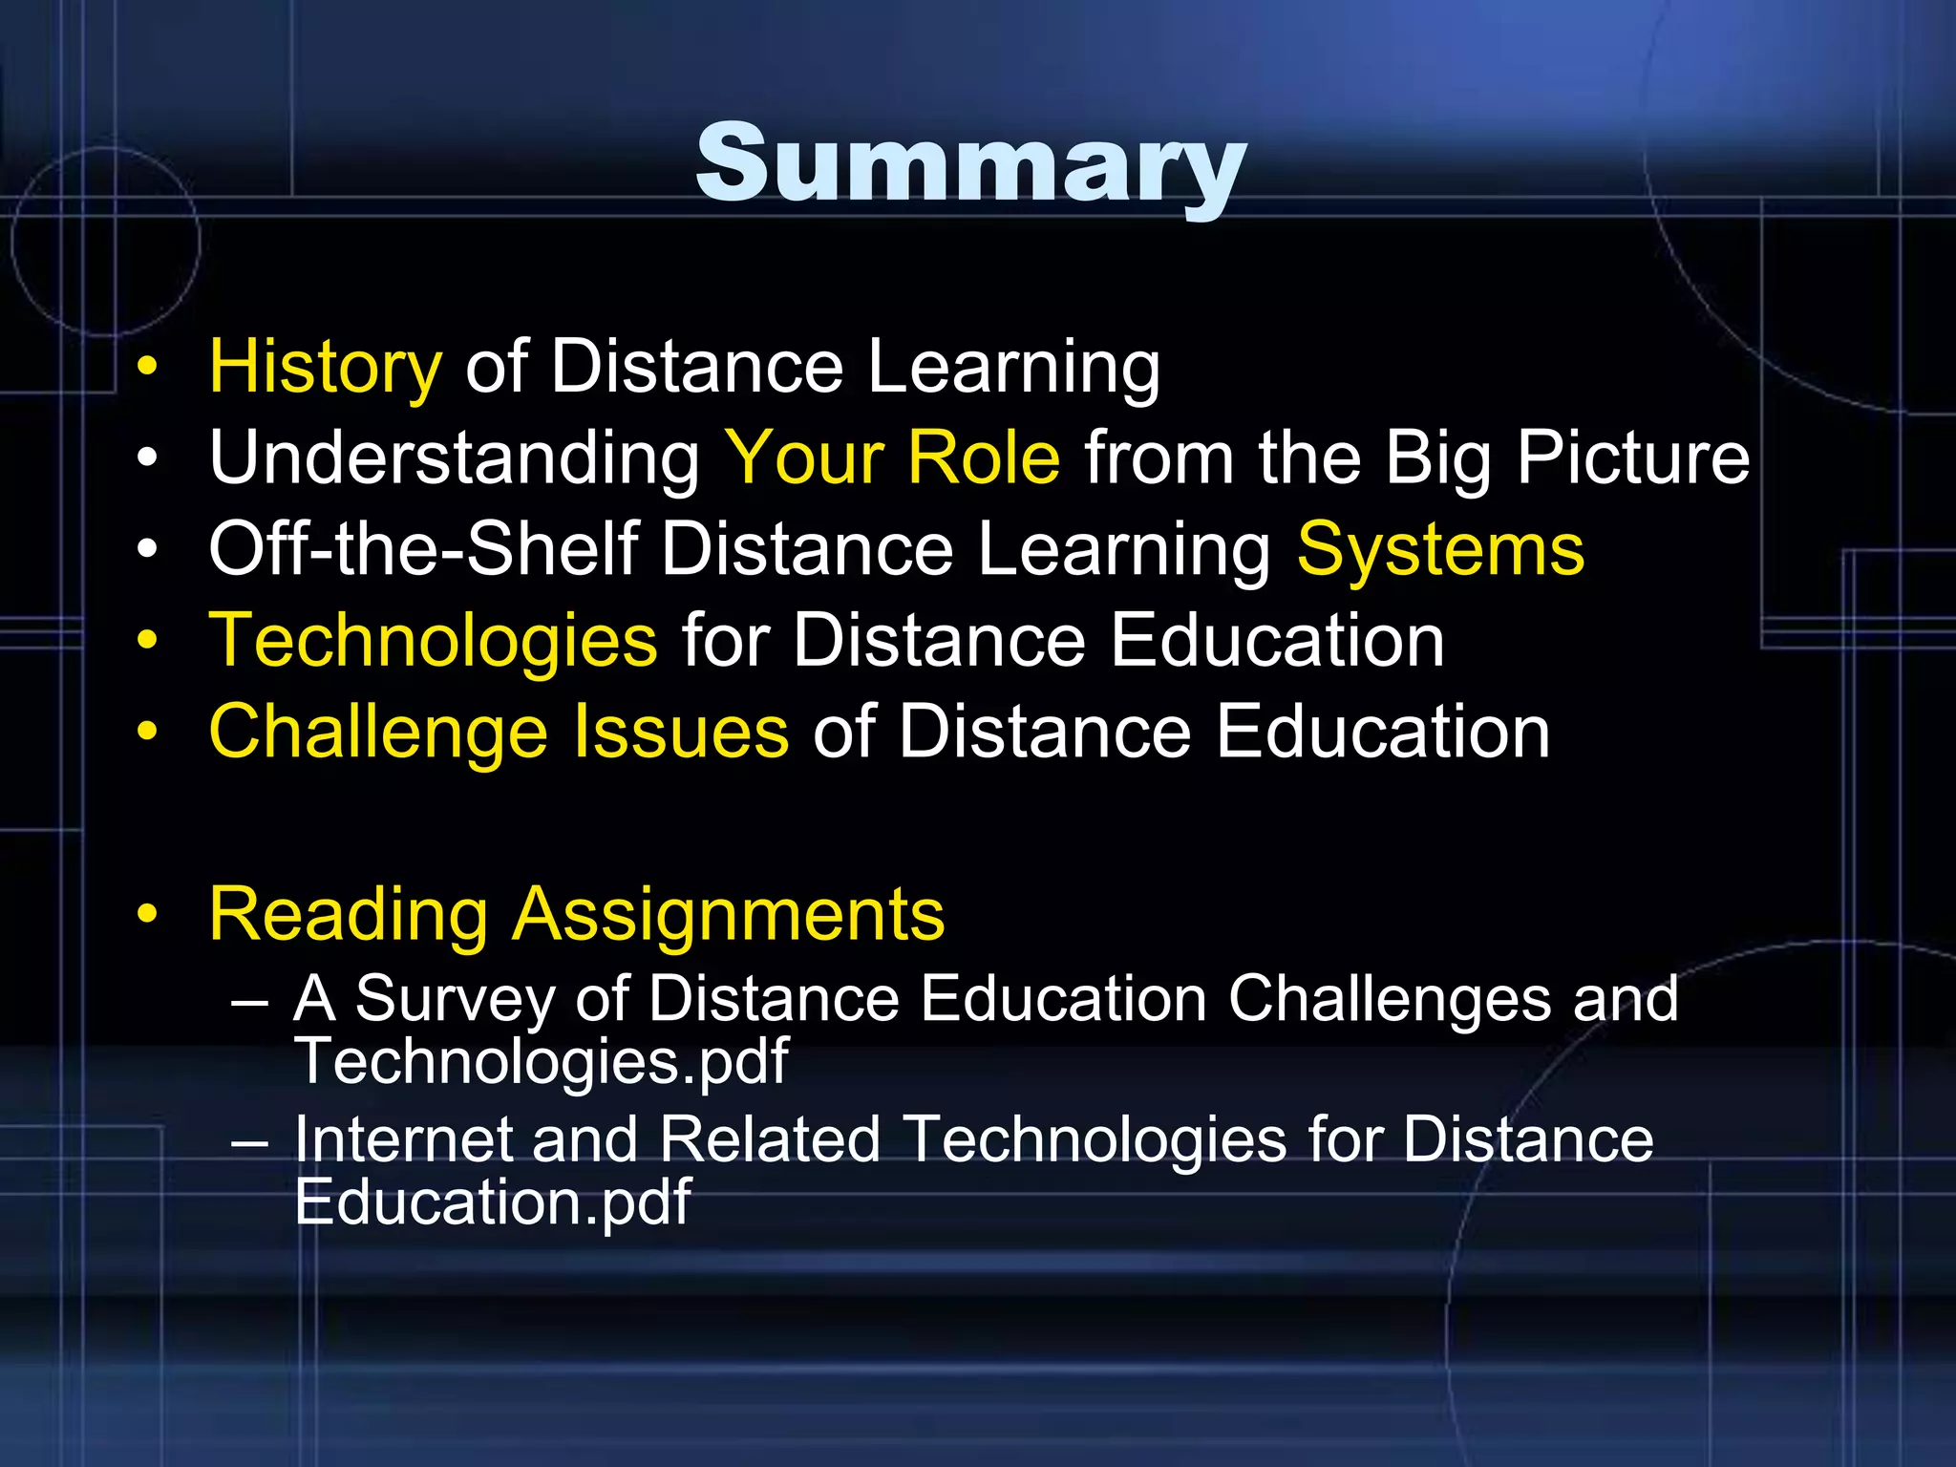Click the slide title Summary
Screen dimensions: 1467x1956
(970, 164)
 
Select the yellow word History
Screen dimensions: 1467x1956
(325, 367)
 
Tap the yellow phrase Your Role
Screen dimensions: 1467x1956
(892, 458)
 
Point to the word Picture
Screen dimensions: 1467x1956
(1632, 458)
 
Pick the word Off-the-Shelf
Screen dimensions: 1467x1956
(423, 549)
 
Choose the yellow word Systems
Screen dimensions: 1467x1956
(1440, 550)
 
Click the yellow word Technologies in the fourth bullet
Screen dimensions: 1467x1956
(433, 641)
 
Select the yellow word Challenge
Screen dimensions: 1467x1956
(378, 733)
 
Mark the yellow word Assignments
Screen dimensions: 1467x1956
(729, 915)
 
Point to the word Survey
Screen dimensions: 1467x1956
(456, 1000)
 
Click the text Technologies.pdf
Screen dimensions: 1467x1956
(542, 1061)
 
